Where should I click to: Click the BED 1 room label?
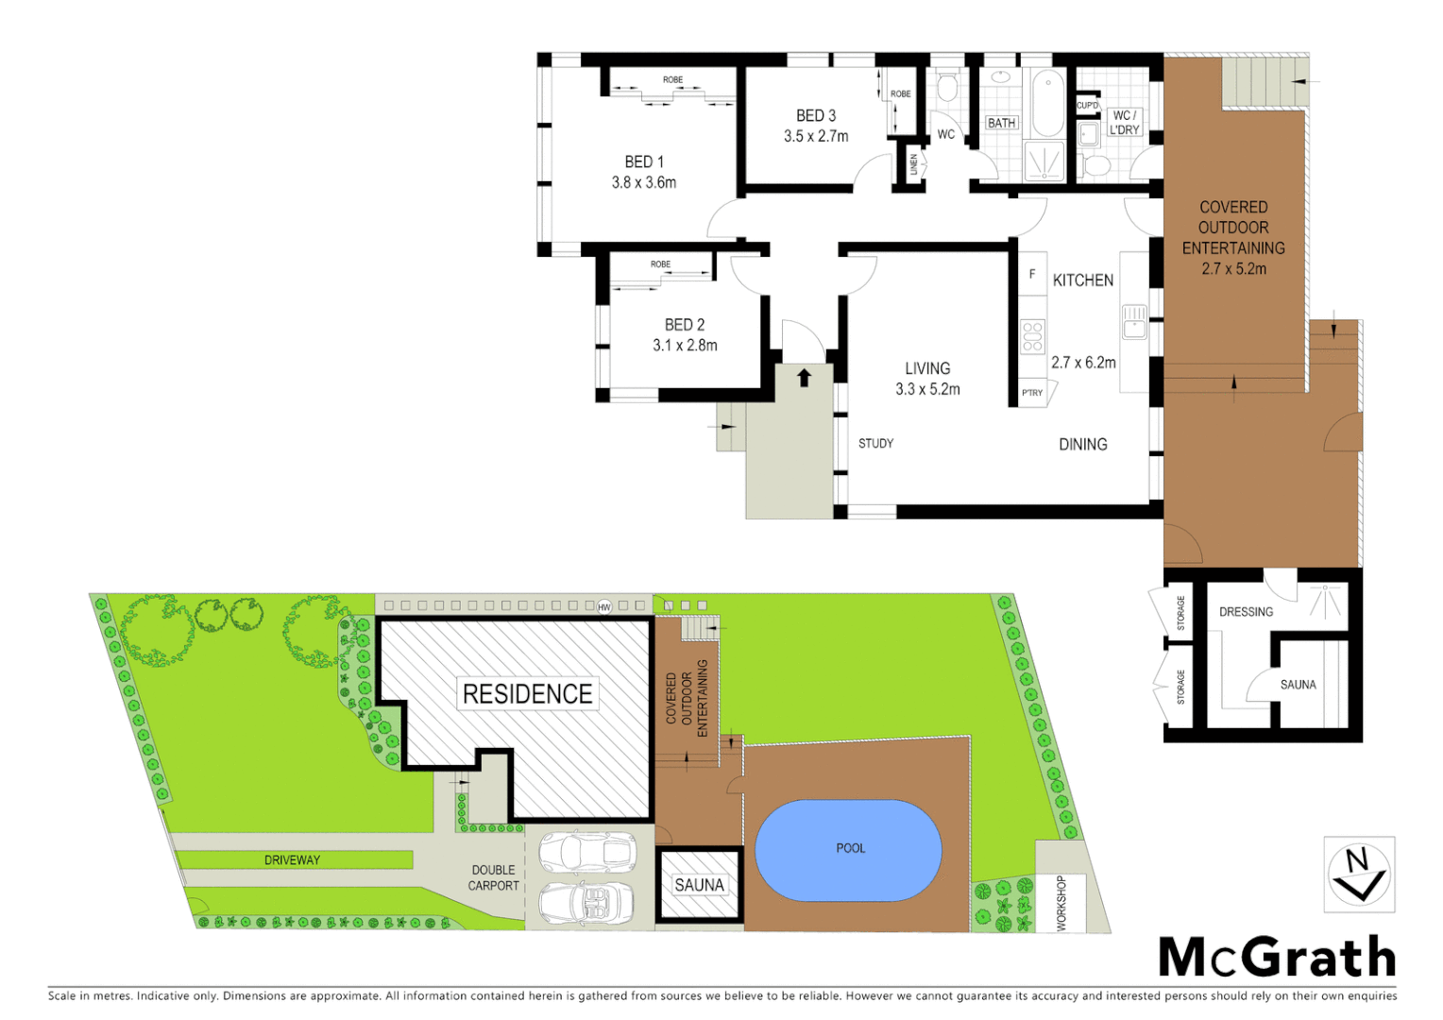point(644,161)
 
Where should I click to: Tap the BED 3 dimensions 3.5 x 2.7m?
point(816,136)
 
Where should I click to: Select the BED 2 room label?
point(685,324)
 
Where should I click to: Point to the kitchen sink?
point(1134,321)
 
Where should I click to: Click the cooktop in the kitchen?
point(1032,335)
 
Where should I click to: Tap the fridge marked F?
point(1032,274)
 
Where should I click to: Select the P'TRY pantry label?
point(1032,393)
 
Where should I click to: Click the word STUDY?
point(875,443)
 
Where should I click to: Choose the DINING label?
point(1083,444)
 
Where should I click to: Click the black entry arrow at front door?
point(804,378)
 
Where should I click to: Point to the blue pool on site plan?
point(849,850)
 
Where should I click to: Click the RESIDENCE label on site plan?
point(528,694)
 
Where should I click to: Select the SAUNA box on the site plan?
point(699,885)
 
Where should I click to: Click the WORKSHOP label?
point(1061,903)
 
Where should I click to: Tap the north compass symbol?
point(1359,874)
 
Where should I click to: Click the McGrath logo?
point(1277,958)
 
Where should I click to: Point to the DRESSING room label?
point(1246,612)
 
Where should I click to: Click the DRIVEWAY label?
point(292,859)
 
